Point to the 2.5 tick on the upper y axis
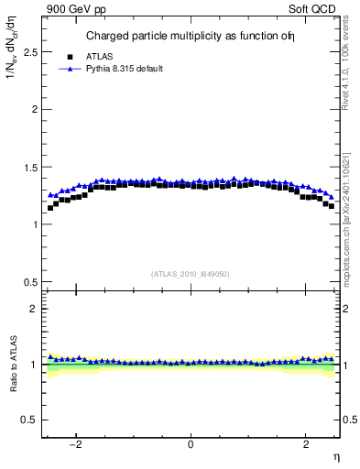pyautogui.click(x=29, y=52)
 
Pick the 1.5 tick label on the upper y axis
pyautogui.click(x=29, y=167)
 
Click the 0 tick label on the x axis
pyautogui.click(x=191, y=444)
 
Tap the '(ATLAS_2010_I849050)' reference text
pyautogui.click(x=191, y=273)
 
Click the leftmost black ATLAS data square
pyautogui.click(x=50, y=208)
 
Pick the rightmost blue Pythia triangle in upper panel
pyautogui.click(x=331, y=196)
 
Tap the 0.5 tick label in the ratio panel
pyautogui.click(x=29, y=420)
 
